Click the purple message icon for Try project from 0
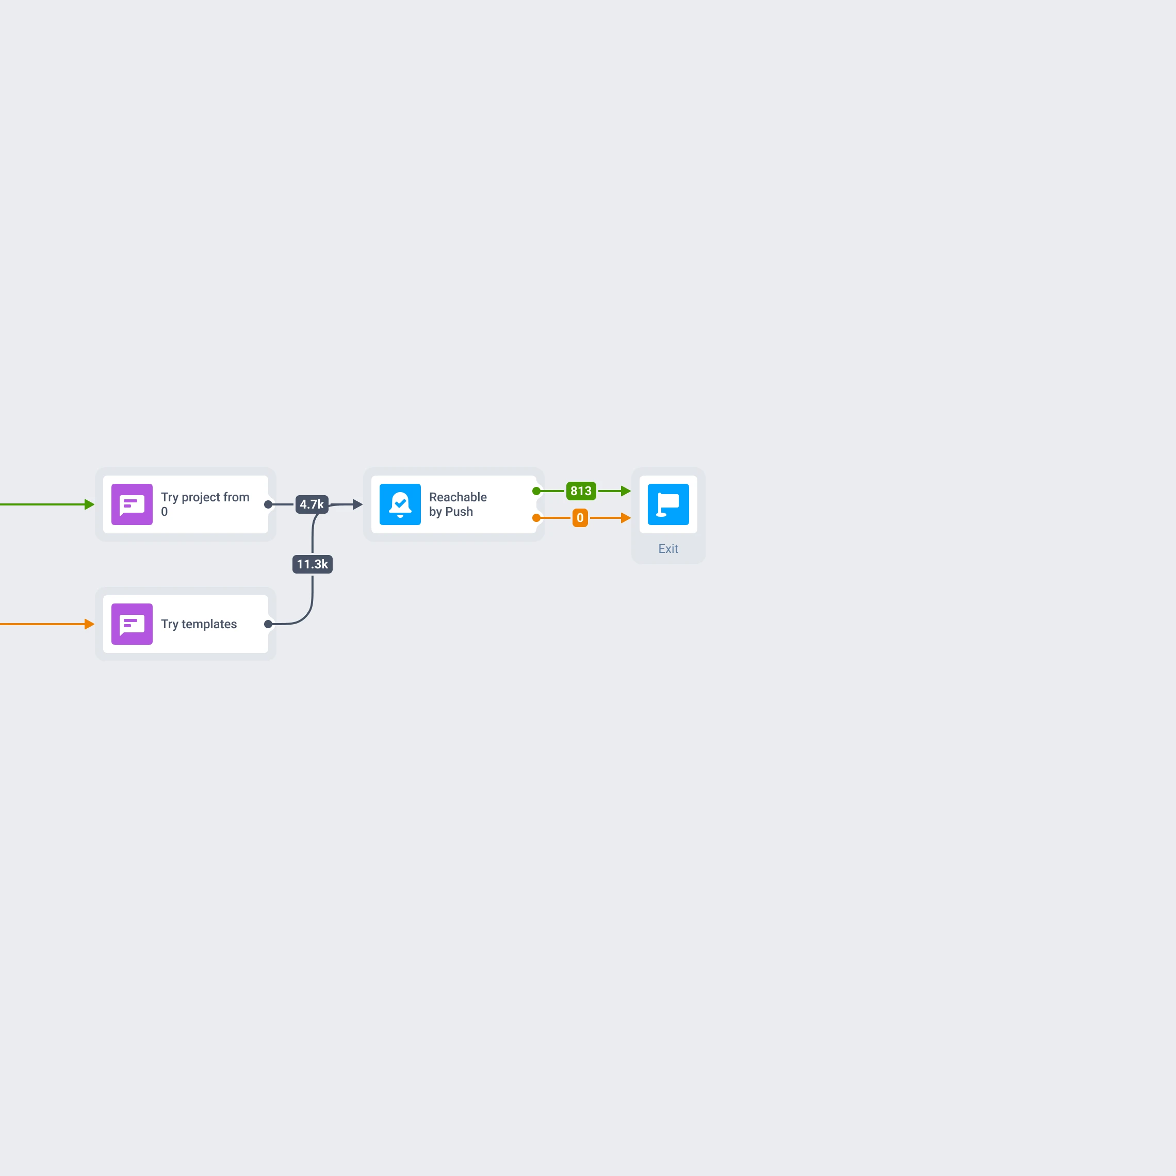(132, 504)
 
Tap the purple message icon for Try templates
(132, 624)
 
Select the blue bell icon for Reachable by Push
(400, 504)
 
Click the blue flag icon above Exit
(668, 504)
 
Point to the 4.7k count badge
(312, 504)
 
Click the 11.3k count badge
(312, 564)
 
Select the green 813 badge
(581, 491)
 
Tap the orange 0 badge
(580, 518)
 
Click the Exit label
(668, 549)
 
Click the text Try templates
(199, 624)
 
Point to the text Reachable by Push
(458, 504)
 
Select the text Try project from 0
(205, 504)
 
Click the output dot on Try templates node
(268, 624)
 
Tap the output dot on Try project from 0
(268, 504)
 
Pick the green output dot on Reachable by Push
(536, 491)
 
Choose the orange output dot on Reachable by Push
(536, 518)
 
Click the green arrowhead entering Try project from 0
(89, 504)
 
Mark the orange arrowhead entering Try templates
(89, 624)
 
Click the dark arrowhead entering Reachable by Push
(358, 504)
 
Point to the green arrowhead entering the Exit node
(626, 491)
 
